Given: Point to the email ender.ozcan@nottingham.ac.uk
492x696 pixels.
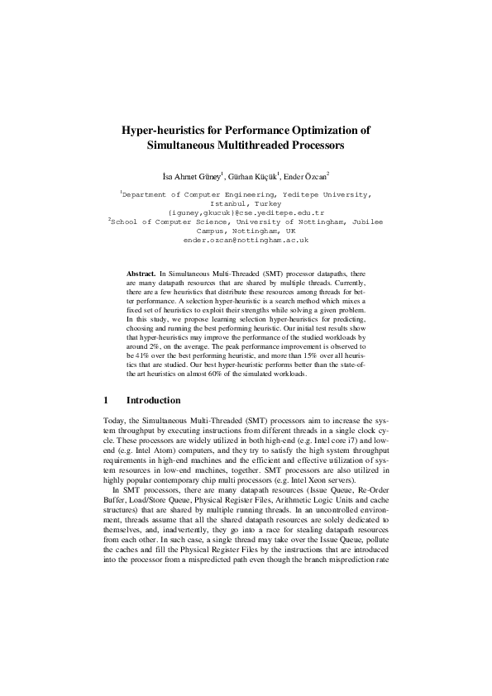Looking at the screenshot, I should [246, 240].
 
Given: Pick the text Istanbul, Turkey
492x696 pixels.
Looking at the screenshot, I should [246, 203].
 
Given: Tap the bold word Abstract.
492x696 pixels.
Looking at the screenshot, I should [141, 272].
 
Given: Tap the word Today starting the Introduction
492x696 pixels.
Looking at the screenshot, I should [117, 421].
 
